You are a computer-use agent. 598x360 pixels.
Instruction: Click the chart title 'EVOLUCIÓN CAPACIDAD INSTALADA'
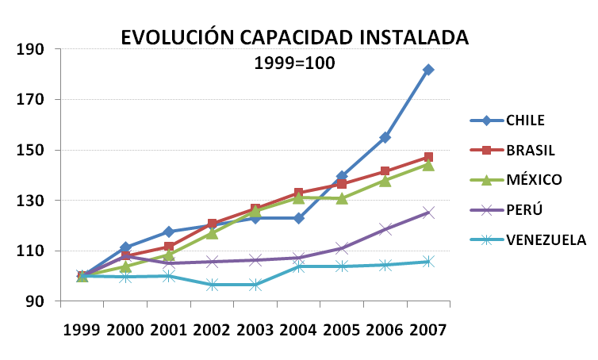tap(294, 37)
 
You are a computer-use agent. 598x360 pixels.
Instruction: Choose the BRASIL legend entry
tap(529, 150)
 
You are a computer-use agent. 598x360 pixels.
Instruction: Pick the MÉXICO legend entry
tap(533, 179)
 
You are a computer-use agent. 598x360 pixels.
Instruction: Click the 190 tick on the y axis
tap(30, 50)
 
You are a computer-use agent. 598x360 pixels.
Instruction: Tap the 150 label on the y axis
tap(30, 151)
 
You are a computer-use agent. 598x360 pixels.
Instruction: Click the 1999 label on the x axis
tap(82, 329)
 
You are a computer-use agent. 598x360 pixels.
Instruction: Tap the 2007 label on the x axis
tap(428, 329)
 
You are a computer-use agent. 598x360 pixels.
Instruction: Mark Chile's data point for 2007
tap(428, 70)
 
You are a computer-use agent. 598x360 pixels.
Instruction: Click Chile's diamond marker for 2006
tap(385, 138)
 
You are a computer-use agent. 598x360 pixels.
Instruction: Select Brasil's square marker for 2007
tap(428, 158)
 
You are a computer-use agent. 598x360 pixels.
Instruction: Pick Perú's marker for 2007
tap(428, 213)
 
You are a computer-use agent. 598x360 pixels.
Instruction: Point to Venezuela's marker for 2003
tap(255, 285)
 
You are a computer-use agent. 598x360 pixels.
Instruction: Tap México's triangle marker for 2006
tap(385, 180)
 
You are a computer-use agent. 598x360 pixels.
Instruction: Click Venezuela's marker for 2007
tap(428, 261)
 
